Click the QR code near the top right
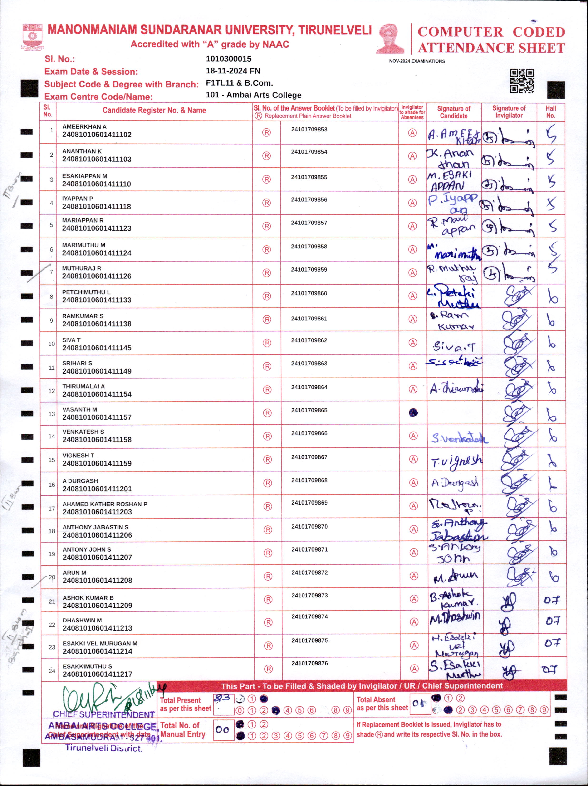[522, 81]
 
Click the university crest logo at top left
[32, 37]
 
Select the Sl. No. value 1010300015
[228, 59]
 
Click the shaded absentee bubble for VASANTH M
[413, 412]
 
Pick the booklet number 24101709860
[309, 293]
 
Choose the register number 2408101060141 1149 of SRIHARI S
[97, 371]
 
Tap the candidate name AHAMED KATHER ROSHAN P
[105, 504]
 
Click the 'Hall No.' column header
[550, 112]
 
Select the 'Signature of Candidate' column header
[454, 112]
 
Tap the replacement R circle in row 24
[268, 669]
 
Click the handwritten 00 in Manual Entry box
[223, 730]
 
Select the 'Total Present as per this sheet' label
[185, 704]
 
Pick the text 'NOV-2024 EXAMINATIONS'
[417, 61]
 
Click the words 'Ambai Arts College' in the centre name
[264, 95]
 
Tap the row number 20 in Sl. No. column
[52, 577]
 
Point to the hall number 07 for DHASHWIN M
[553, 621]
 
